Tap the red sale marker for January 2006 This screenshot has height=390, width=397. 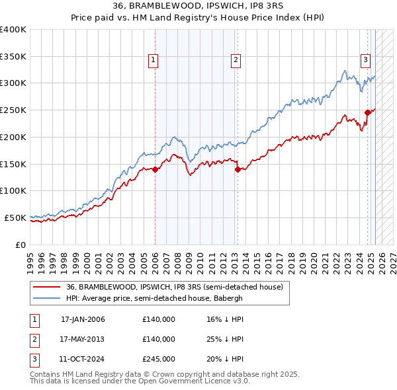(x=155, y=169)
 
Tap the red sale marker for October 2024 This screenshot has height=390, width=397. (x=367, y=112)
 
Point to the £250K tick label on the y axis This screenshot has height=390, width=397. (x=13, y=110)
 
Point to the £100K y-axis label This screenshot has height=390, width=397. (x=13, y=190)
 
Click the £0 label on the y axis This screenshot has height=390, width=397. (x=21, y=245)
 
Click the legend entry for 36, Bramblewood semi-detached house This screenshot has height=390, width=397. (x=174, y=287)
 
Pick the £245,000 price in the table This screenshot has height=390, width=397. (x=159, y=359)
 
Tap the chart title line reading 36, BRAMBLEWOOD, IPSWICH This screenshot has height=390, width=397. (x=198, y=8)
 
